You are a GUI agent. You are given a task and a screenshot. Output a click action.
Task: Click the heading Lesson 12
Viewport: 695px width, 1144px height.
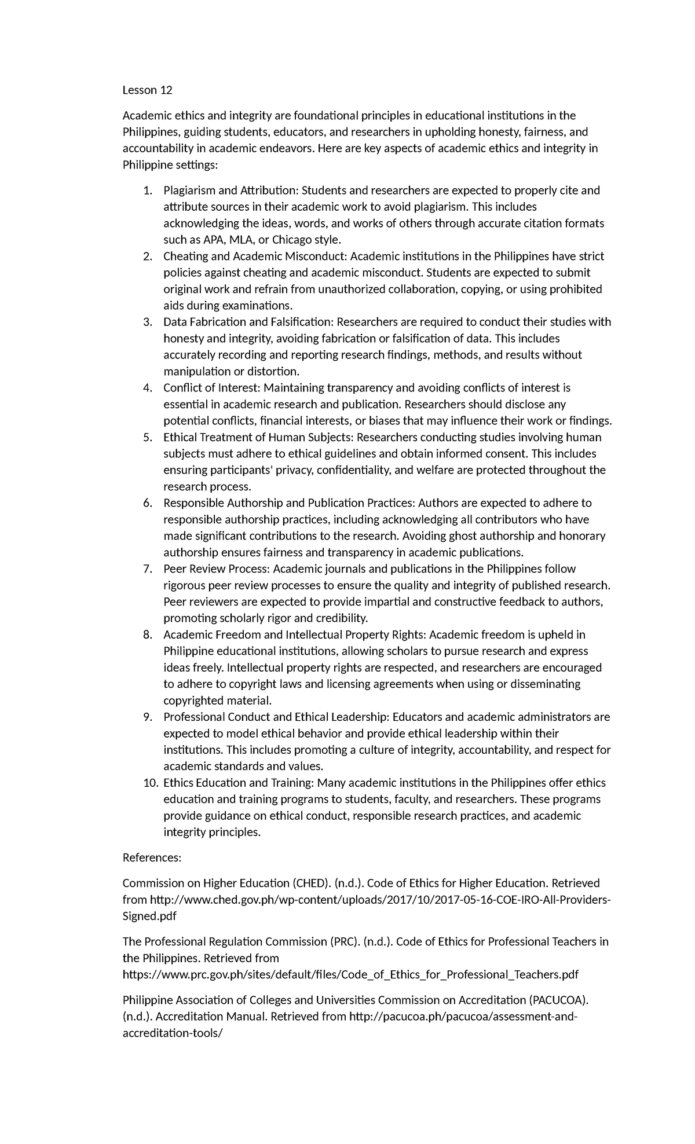pos(147,90)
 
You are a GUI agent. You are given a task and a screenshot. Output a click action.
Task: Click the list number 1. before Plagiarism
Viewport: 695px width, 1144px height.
pos(148,190)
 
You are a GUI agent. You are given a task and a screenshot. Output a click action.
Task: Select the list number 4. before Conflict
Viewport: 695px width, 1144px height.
pos(148,387)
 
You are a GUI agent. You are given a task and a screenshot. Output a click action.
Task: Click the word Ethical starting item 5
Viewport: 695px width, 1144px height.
pos(181,437)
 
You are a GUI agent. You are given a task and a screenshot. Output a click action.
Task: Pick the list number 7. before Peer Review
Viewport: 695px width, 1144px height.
pos(148,569)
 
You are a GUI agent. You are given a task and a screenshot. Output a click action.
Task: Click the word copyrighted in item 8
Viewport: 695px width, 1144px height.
pos(191,701)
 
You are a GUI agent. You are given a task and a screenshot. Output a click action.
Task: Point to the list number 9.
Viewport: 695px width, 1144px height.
pos(148,717)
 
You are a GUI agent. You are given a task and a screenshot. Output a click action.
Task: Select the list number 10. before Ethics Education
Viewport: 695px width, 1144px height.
pos(150,783)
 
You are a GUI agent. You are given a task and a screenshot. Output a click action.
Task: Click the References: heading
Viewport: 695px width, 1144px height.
pos(152,857)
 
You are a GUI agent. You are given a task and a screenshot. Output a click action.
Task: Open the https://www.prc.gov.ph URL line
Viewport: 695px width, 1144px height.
pos(350,974)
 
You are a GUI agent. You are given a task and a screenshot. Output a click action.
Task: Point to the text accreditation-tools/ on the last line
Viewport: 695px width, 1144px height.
pos(172,1033)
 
